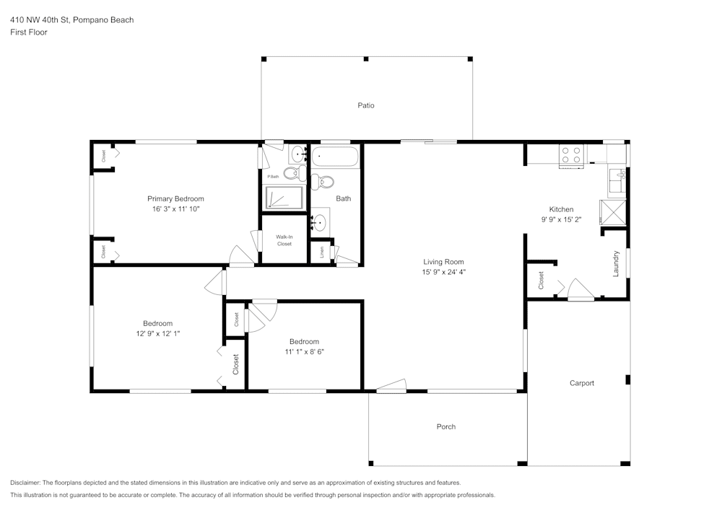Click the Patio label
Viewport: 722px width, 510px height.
pyautogui.click(x=366, y=105)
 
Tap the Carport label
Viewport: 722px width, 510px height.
pyautogui.click(x=581, y=383)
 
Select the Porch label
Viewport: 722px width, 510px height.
pyautogui.click(x=446, y=427)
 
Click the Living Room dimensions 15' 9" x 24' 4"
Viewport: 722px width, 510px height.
pyautogui.click(x=444, y=272)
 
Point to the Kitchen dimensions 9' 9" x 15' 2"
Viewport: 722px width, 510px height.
pyautogui.click(x=561, y=219)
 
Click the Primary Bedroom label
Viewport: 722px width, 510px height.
pyautogui.click(x=175, y=198)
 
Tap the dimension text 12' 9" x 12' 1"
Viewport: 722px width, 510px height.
pyautogui.click(x=158, y=333)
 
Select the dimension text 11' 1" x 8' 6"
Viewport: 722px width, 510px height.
pyautogui.click(x=305, y=352)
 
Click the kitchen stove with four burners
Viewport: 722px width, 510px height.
pyautogui.click(x=571, y=155)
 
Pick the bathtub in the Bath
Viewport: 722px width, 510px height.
pyautogui.click(x=335, y=157)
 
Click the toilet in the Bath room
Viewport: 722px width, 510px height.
pyautogui.click(x=323, y=182)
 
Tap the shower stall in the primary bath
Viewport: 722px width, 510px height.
pyautogui.click(x=284, y=198)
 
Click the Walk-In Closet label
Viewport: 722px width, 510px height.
pyautogui.click(x=284, y=240)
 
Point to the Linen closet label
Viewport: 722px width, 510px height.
pyautogui.click(x=322, y=252)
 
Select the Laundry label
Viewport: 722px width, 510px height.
pyautogui.click(x=616, y=263)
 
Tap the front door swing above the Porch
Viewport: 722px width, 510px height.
pyautogui.click(x=391, y=386)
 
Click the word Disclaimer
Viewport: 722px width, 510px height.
pyautogui.click(x=25, y=483)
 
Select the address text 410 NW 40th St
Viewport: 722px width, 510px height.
pyautogui.click(x=40, y=19)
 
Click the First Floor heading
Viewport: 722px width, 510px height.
pyautogui.click(x=29, y=32)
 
